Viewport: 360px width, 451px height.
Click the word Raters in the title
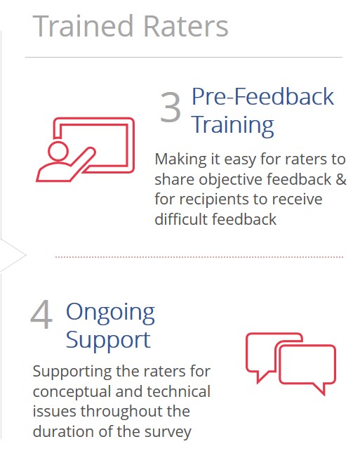pos(185,26)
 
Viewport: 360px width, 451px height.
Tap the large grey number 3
pos(171,107)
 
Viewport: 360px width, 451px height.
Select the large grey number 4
pos(41,314)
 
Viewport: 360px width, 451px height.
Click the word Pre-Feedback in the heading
pos(262,96)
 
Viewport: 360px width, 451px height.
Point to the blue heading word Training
pos(233,126)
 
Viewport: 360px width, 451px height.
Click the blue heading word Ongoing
pos(110,313)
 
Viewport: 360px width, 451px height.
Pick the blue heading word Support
pos(108,341)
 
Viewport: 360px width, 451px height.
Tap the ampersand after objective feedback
pos(341,179)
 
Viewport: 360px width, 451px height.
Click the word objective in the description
pos(230,180)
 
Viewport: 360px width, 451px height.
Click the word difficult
pos(181,219)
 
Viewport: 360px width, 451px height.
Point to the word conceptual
pos(72,393)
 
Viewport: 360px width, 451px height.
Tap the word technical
pos(178,391)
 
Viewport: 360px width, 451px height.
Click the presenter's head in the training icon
pos(58,151)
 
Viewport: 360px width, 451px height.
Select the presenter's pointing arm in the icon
pos(82,162)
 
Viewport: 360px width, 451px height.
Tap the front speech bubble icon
pos(307,365)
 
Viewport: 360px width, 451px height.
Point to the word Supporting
pos(72,372)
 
